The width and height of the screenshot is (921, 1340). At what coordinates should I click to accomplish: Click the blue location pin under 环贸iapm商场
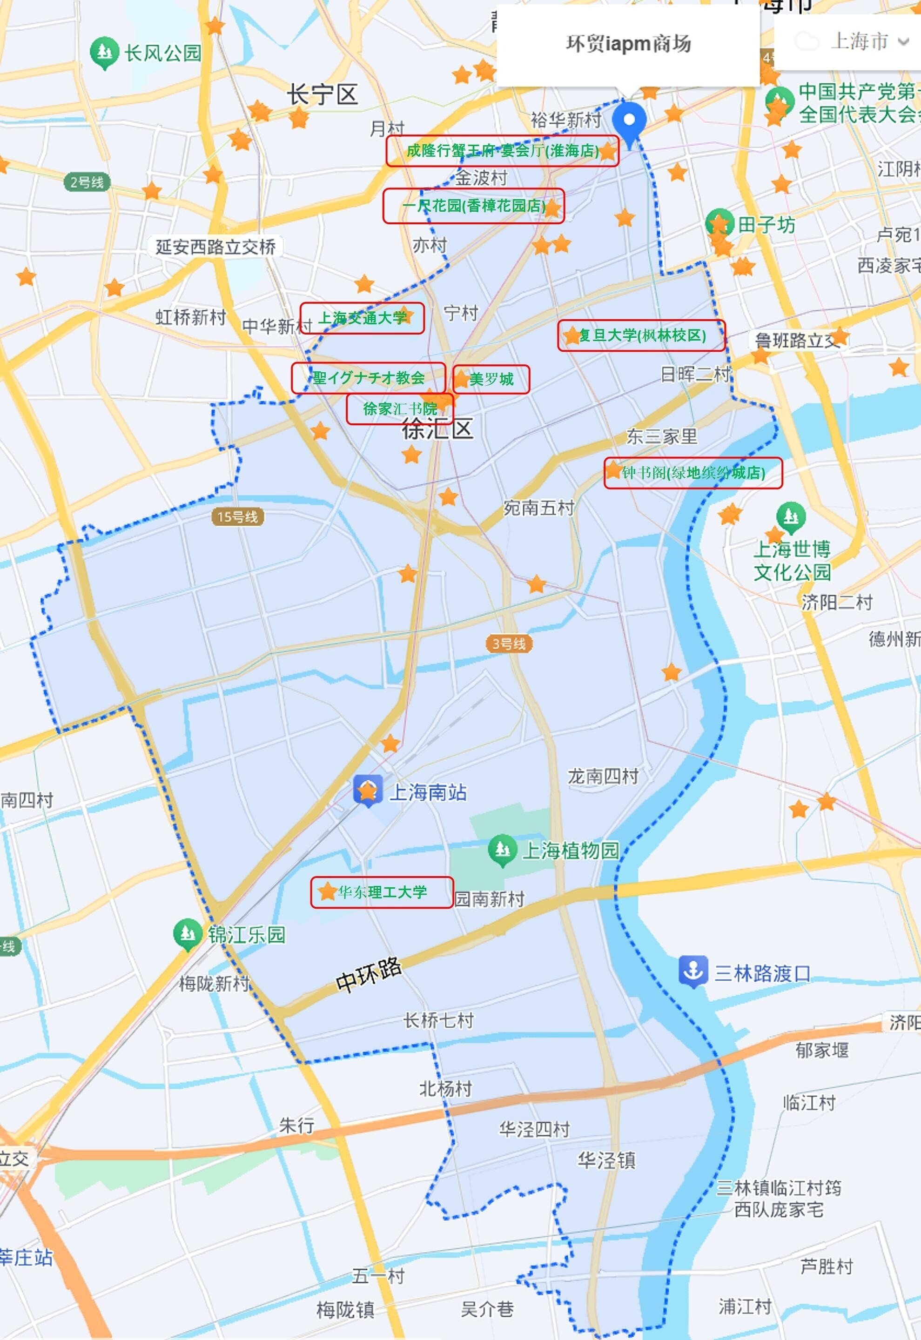629,121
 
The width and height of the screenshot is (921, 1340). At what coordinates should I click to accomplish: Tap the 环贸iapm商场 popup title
628,44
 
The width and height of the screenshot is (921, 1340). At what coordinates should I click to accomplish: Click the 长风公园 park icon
104,53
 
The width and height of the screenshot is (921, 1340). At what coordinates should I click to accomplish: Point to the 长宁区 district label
323,94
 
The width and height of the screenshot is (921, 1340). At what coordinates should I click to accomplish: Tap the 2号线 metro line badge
87,182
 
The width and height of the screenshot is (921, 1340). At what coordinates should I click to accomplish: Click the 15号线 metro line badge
237,517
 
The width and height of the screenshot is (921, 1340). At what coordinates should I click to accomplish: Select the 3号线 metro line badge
508,644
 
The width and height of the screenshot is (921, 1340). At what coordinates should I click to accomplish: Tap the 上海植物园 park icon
502,849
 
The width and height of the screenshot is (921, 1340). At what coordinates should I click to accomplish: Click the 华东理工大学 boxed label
382,892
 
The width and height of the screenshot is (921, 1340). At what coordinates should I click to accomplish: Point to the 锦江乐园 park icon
187,933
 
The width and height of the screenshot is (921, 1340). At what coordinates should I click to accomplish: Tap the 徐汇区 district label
437,429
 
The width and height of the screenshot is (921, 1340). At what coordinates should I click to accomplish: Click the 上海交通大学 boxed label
362,318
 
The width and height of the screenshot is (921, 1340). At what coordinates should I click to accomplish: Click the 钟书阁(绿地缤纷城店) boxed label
692,473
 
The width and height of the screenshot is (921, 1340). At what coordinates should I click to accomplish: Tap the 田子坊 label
766,225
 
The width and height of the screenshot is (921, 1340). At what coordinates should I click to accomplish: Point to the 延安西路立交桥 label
215,248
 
